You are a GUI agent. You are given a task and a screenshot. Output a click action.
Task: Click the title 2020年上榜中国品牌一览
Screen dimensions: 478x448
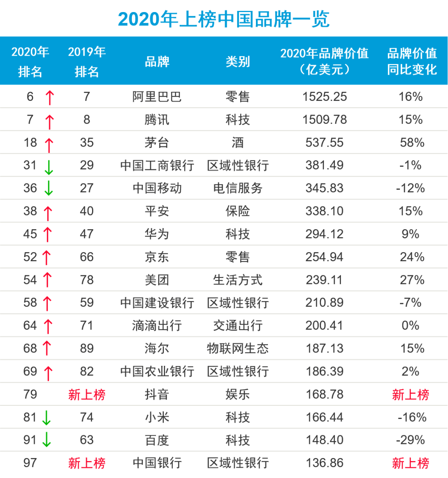coord(224,19)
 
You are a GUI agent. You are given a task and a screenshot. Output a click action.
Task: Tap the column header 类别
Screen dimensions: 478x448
coord(238,61)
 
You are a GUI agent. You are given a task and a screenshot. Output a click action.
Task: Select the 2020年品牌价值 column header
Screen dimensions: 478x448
coord(324,61)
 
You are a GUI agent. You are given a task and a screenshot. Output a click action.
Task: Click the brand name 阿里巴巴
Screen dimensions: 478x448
coord(157,97)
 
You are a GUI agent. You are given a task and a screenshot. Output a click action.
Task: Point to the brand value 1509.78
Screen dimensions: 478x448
coord(324,120)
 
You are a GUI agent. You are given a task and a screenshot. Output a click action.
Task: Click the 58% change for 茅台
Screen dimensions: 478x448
coord(412,142)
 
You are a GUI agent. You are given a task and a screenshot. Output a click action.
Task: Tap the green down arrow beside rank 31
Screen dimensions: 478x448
coord(49,167)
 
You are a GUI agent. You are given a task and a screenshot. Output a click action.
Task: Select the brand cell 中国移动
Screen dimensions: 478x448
coord(157,188)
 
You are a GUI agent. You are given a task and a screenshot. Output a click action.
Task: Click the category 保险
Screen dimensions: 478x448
coord(238,211)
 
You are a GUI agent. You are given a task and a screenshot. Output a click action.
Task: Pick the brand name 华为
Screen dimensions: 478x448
coord(157,234)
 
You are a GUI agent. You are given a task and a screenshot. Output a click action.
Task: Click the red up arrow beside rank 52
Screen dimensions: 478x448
coord(46,257)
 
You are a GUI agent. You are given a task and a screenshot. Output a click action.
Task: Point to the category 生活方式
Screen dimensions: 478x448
coord(238,280)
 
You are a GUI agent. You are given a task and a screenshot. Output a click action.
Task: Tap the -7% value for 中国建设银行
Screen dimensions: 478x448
coord(410,302)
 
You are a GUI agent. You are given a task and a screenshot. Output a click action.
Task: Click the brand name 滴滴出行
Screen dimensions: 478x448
coord(157,326)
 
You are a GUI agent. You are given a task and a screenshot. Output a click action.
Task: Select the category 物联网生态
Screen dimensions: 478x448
coord(238,348)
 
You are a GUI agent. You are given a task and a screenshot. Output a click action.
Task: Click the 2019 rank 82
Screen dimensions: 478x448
coord(87,371)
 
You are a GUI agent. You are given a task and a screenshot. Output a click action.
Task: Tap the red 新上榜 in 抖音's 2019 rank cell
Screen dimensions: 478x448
coord(87,395)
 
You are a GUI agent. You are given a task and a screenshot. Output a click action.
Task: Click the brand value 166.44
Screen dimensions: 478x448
coord(324,417)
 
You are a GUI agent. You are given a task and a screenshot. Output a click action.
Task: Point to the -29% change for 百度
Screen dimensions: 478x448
coord(410,440)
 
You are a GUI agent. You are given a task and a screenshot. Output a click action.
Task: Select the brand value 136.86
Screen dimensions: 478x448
coord(324,463)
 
